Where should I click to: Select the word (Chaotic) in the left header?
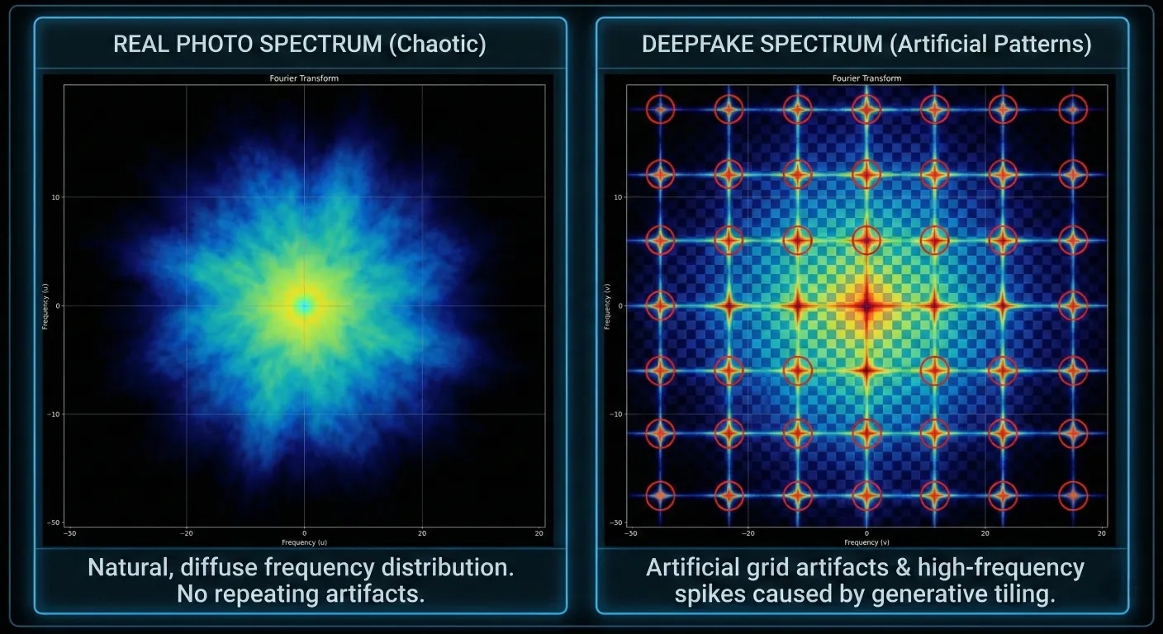[437, 45]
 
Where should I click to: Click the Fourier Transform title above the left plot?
[304, 78]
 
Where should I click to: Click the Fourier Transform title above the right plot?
[866, 78]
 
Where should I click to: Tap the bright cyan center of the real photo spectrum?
[305, 306]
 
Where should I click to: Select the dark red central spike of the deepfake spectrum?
[866, 306]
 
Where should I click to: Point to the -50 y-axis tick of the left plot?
[53, 523]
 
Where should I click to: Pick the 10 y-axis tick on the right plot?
[617, 196]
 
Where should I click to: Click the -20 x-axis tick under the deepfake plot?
[748, 533]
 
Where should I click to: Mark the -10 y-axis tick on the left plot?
[53, 414]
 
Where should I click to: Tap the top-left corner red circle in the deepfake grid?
[660, 108]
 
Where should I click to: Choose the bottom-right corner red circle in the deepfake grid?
[1073, 495]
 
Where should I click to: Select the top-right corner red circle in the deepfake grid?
[1073, 108]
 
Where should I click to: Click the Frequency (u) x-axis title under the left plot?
[304, 542]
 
